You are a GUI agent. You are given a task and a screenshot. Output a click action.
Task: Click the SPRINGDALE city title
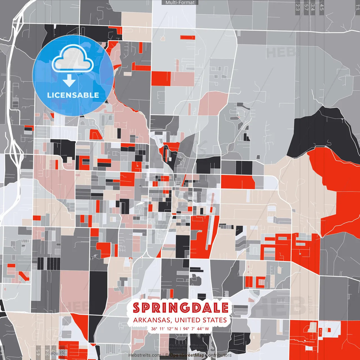click(x=180, y=308)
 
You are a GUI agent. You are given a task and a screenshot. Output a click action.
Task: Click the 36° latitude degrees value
click(x=154, y=329)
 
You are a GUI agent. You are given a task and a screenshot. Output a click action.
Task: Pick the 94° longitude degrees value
click(x=186, y=329)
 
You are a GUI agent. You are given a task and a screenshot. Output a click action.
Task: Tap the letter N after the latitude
click(x=176, y=329)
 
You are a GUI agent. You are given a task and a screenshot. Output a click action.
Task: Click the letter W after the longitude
click(x=207, y=329)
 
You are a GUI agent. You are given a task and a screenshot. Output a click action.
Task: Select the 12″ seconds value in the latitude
click(x=170, y=329)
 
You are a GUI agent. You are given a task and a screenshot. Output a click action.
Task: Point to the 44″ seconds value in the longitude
click(x=200, y=329)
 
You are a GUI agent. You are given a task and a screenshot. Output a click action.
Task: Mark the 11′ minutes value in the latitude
click(x=162, y=329)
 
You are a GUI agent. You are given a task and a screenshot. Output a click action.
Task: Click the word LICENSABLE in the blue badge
click(x=73, y=95)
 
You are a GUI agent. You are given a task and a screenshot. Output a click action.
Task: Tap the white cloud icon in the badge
click(x=73, y=59)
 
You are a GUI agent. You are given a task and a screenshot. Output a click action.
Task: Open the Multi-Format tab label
click(x=180, y=3)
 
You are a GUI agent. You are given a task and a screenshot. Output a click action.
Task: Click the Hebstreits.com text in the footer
click(x=145, y=355)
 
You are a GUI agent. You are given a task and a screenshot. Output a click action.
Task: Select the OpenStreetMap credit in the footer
click(x=187, y=355)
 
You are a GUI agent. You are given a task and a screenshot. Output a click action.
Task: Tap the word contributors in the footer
click(x=219, y=355)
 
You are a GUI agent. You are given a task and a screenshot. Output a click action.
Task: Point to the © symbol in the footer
click(x=167, y=355)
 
